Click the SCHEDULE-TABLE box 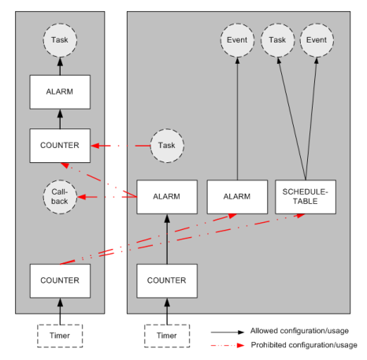tap(305, 197)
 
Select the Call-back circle tap(60, 196)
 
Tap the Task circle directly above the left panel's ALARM tap(60, 39)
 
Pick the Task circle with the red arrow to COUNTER tap(166, 146)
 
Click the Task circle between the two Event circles tap(277, 39)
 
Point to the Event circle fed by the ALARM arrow tap(237, 39)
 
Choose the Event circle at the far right tap(317, 39)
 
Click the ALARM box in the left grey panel tap(60, 91)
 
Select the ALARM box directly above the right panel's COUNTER tap(166, 197)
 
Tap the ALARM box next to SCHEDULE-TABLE tap(237, 197)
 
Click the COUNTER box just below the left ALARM tap(60, 146)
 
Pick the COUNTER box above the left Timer tap(60, 280)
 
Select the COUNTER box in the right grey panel tap(166, 280)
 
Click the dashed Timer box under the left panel tap(60, 335)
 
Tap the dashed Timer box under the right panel tap(166, 335)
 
